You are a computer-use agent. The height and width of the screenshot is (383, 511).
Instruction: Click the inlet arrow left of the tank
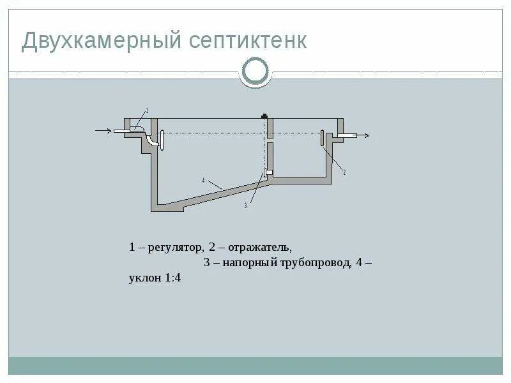(x=103, y=131)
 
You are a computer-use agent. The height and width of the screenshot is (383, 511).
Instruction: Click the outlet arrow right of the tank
(x=363, y=135)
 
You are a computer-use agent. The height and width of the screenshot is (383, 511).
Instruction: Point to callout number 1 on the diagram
(x=148, y=110)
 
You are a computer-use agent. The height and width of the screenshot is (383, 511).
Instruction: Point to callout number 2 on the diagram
(x=344, y=172)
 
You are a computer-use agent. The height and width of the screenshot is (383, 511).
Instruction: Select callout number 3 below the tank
(x=245, y=206)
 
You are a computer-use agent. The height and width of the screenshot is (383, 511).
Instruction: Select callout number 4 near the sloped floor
(x=203, y=181)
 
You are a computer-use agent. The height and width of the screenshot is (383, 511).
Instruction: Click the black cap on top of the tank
(x=263, y=116)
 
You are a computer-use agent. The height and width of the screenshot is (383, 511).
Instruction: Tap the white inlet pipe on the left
(x=122, y=131)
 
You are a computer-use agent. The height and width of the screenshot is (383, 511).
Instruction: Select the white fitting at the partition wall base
(x=268, y=172)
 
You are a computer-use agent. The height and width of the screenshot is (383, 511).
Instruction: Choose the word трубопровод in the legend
(x=314, y=263)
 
